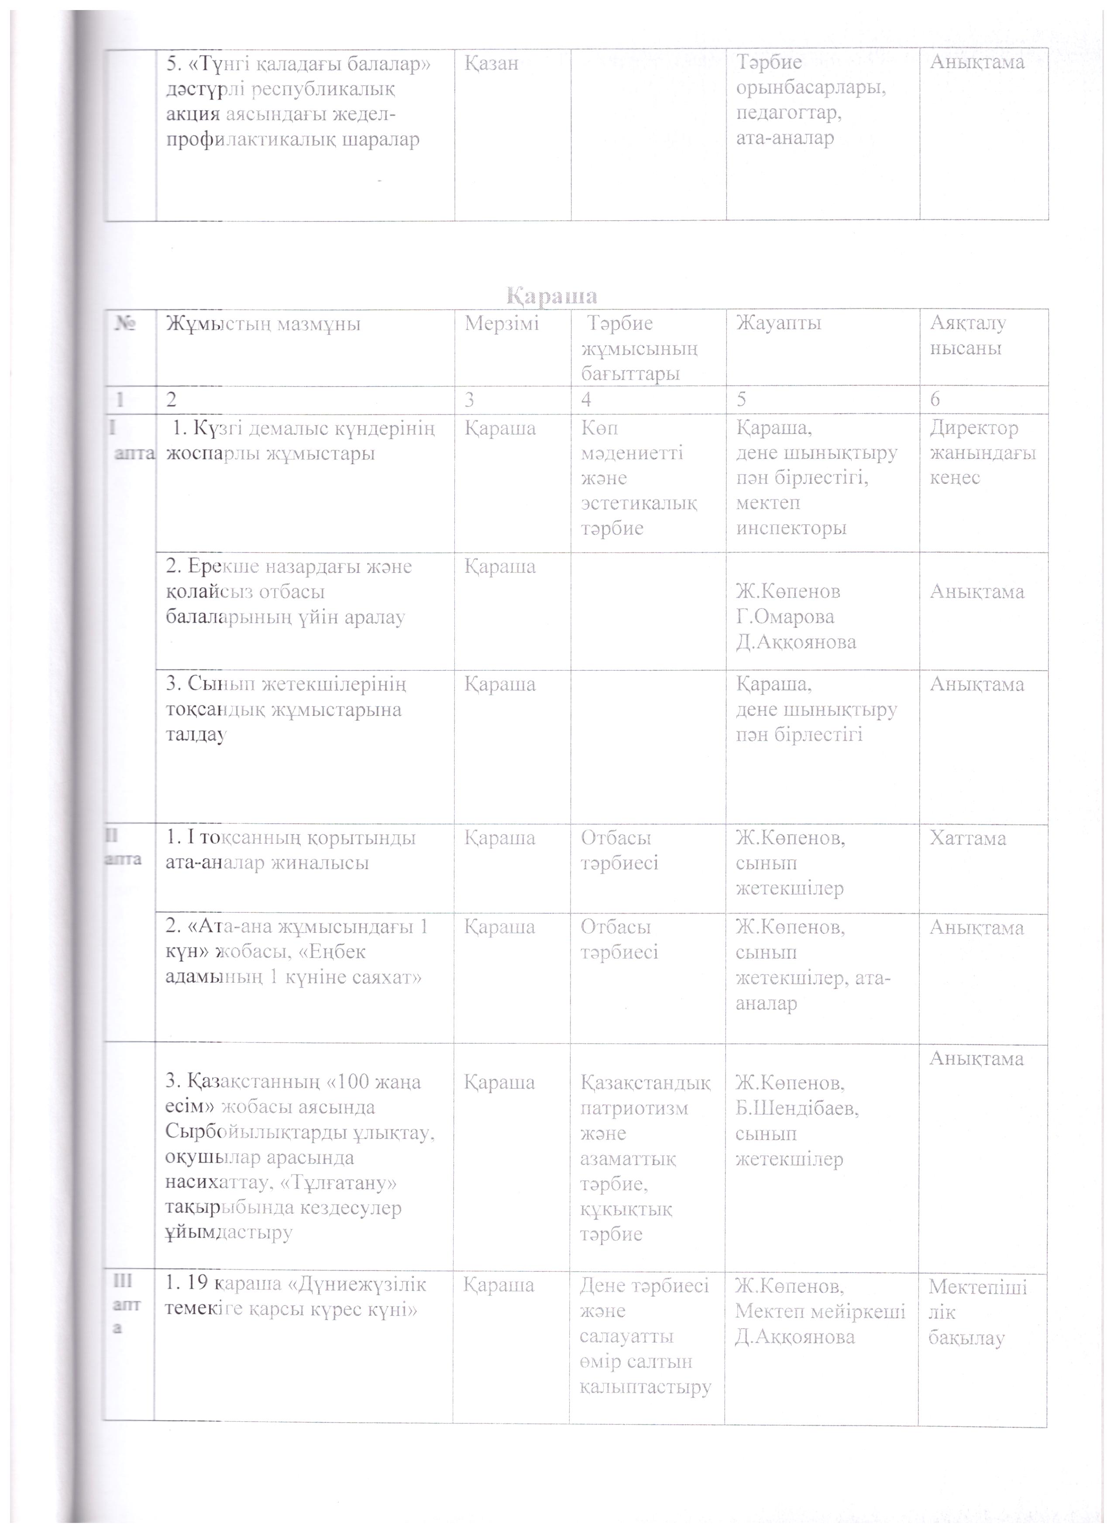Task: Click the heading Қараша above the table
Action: (553, 296)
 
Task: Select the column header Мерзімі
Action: (501, 324)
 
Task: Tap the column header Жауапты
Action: (778, 324)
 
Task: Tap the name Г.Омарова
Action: (785, 616)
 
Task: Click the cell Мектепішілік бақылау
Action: (977, 1311)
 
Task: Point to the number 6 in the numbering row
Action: (935, 400)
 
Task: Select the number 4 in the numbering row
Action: (586, 400)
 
